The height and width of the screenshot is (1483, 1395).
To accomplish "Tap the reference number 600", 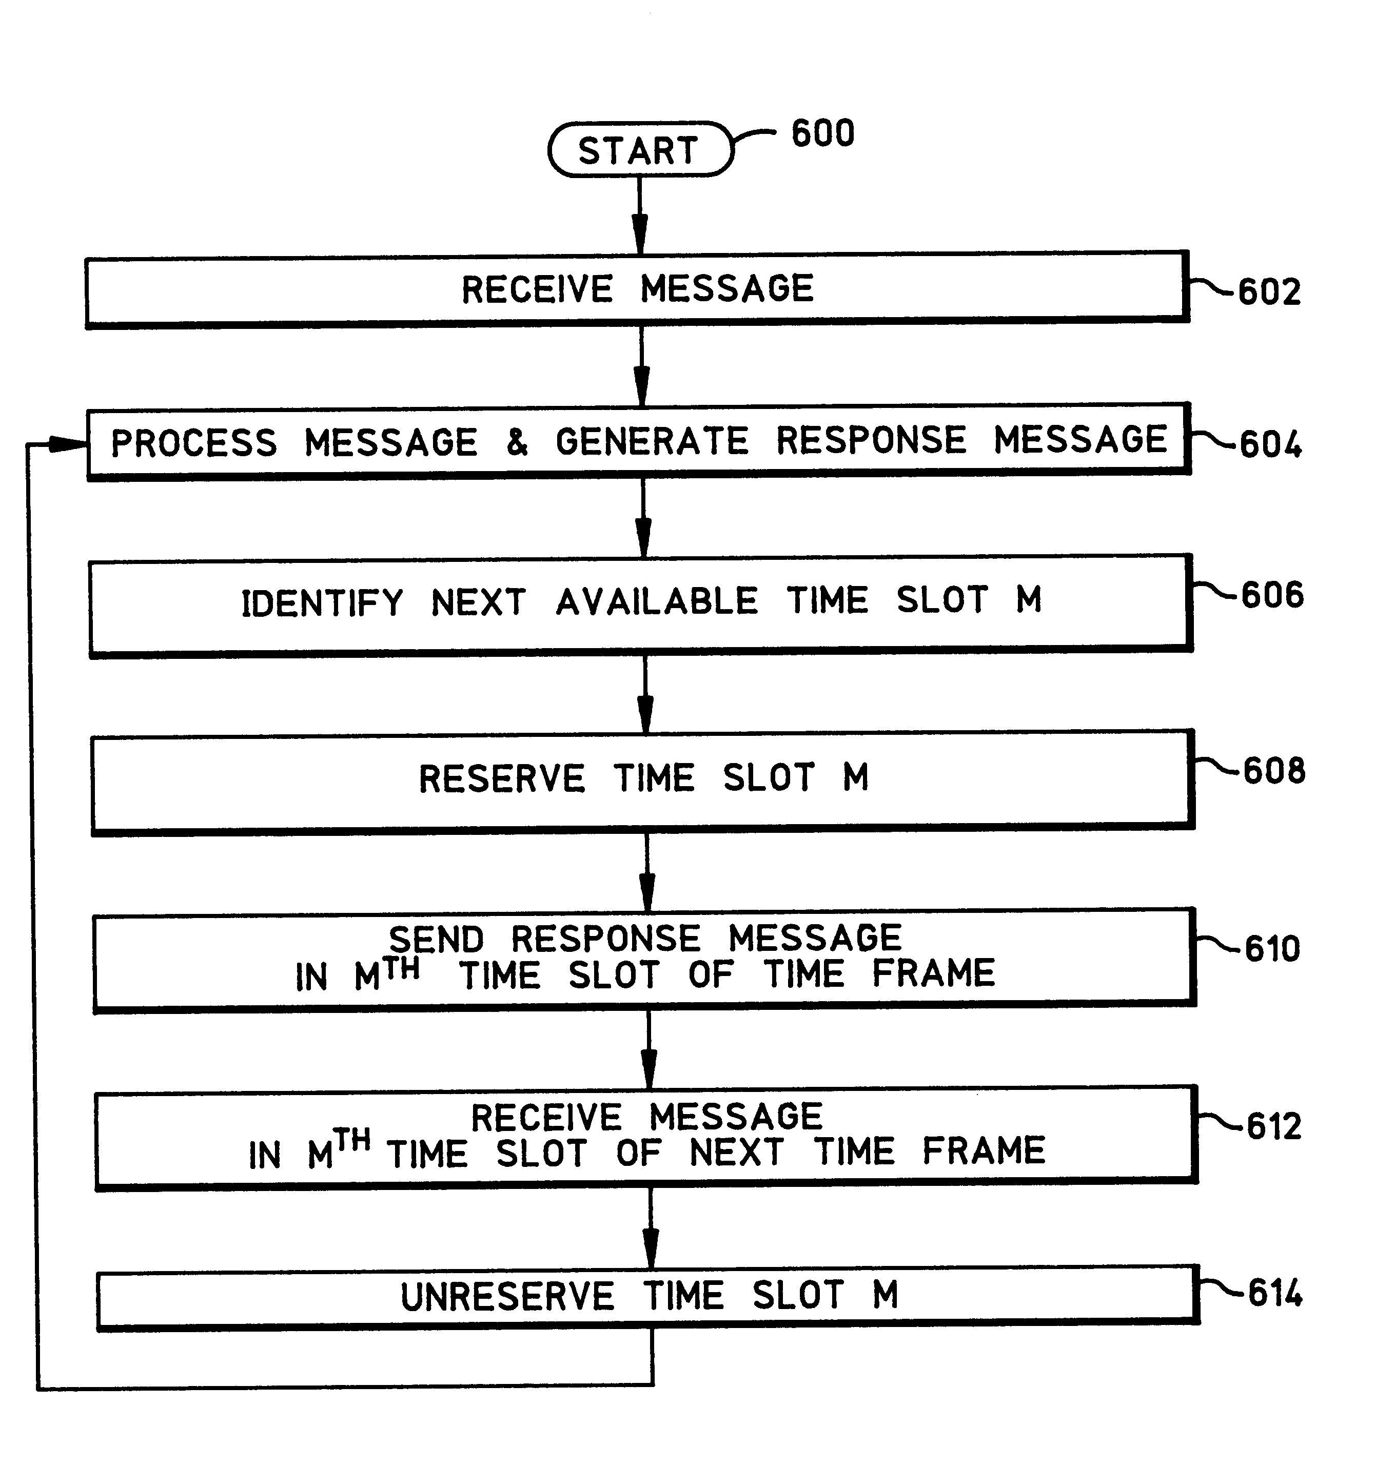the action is (823, 133).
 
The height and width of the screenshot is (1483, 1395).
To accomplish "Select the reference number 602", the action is (1270, 291).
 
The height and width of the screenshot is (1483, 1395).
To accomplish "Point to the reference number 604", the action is (1271, 444).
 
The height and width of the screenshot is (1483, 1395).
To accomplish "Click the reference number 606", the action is (1273, 595).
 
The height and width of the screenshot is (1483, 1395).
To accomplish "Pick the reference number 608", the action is (1274, 771).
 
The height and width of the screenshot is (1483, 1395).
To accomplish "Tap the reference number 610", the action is (1273, 948).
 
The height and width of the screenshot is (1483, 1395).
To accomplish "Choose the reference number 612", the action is (1274, 1126).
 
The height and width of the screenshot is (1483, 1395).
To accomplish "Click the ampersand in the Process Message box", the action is (517, 442).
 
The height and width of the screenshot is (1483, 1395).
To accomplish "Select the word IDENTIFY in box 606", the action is (322, 603).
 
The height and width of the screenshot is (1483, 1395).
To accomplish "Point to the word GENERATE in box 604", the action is (652, 440).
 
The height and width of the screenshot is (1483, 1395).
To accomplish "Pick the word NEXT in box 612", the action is (736, 1153).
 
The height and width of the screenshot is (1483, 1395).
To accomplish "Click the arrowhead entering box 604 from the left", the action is (68, 444).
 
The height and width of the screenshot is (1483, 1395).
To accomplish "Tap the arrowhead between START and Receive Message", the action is (639, 234).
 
